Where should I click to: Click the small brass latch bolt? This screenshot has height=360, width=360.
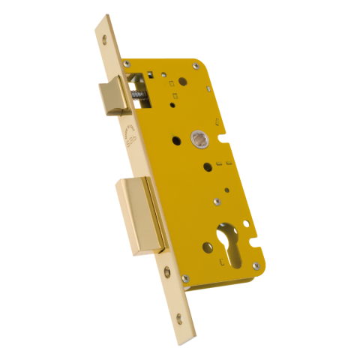point(110,97)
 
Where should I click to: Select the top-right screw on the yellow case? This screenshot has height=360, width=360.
point(196,66)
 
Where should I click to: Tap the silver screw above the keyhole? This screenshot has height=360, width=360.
point(217,201)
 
